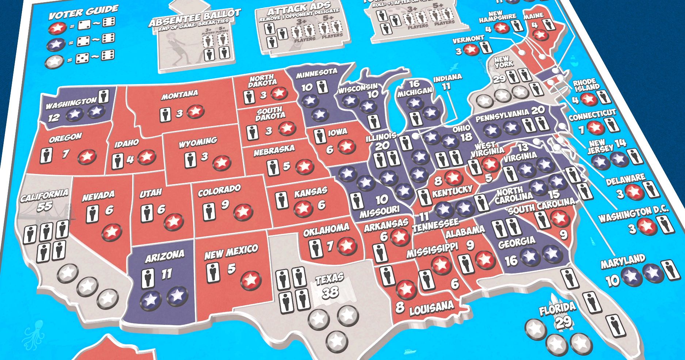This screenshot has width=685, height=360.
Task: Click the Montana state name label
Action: [x=179, y=95]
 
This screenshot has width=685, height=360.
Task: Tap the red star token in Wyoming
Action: [x=222, y=162]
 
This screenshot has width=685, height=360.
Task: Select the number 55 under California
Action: [x=45, y=206]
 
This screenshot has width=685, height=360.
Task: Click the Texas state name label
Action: [x=330, y=279]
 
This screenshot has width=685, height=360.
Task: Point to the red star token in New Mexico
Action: [x=251, y=280]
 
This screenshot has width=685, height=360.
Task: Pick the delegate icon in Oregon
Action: [x=46, y=155]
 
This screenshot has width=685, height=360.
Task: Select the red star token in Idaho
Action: [x=146, y=157]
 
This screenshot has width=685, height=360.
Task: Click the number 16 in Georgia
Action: [x=511, y=260]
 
